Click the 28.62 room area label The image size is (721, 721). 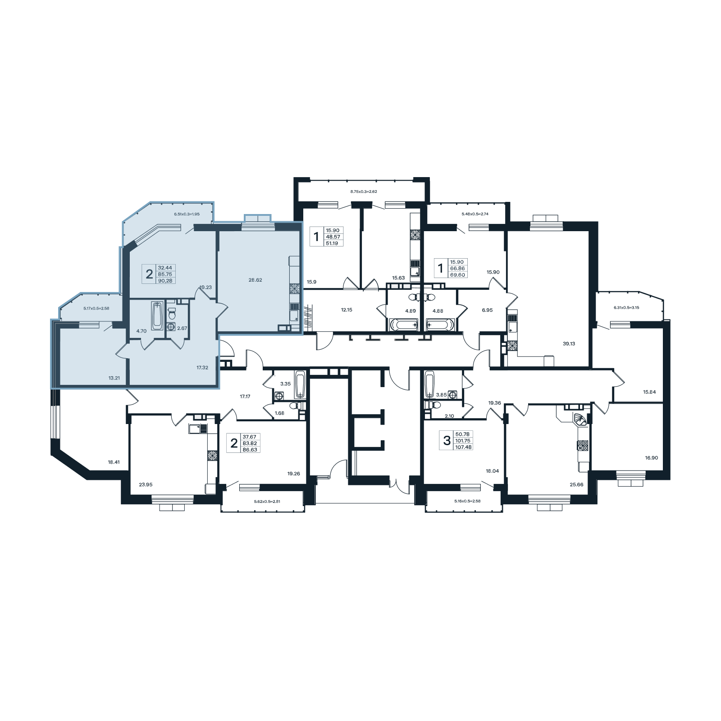click(255, 280)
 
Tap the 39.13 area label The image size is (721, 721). click(569, 343)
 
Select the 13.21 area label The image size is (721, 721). click(114, 378)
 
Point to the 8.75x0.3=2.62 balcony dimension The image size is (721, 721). click(364, 192)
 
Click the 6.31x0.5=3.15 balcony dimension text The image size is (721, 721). click(626, 307)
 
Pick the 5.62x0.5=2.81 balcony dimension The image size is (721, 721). click(267, 501)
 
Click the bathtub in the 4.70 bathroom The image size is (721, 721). click(157, 315)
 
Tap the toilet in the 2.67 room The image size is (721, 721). click(171, 313)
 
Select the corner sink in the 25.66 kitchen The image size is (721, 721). click(580, 420)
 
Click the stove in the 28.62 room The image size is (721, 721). click(294, 289)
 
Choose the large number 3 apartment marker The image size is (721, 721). click(447, 440)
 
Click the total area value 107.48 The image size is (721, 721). click(463, 447)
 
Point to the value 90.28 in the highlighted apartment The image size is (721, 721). click(165, 281)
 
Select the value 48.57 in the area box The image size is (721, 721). click(333, 237)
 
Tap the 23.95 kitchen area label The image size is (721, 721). click(146, 484)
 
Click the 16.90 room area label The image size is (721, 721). click(651, 458)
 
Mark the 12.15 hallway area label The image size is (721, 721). click(347, 310)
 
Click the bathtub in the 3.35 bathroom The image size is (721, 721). click(300, 384)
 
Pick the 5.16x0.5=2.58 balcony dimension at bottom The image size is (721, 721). click(467, 501)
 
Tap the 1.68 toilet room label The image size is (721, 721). click(279, 413)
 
